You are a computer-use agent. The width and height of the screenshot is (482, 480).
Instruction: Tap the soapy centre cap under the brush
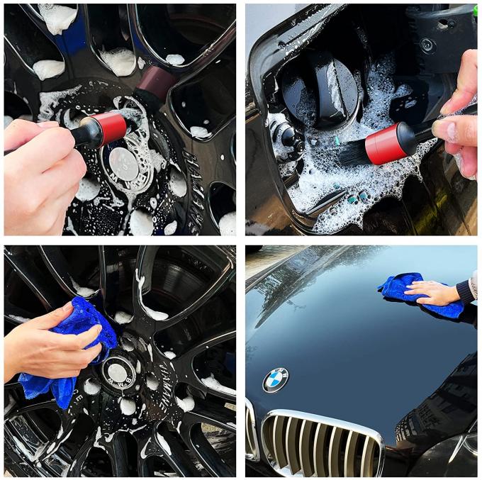(125, 164)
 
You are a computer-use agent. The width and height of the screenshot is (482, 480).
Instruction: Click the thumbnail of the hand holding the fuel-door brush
(446, 130)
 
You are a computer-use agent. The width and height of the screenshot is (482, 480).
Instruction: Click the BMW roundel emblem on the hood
(276, 380)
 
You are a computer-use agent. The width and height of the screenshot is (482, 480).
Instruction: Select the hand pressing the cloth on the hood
(432, 292)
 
